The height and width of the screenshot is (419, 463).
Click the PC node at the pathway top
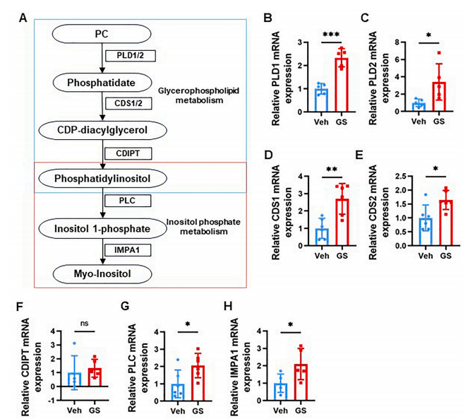102,34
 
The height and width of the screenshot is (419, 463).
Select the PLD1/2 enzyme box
126,56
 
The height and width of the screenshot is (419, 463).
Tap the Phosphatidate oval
102,83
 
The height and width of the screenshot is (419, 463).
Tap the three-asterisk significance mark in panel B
332,34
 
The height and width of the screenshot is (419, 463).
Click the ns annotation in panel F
85,325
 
